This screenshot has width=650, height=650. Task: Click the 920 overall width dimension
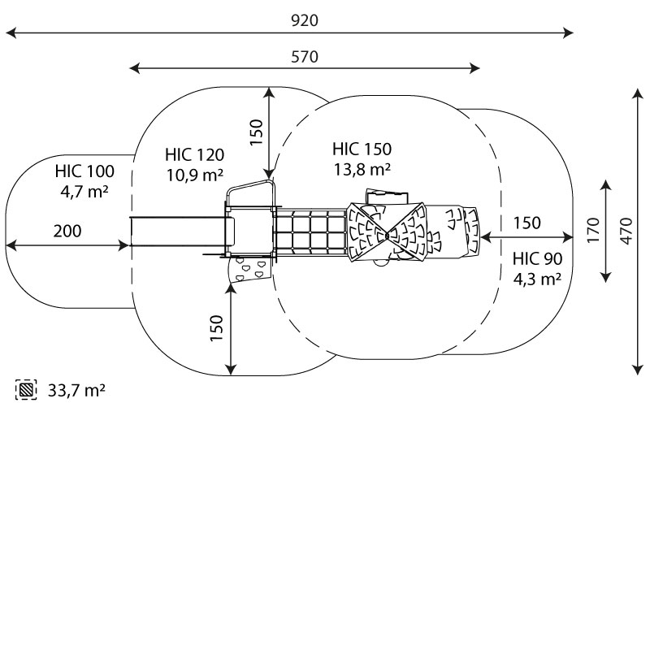(x=305, y=21)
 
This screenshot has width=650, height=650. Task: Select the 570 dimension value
(x=305, y=57)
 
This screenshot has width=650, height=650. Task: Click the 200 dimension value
(x=67, y=231)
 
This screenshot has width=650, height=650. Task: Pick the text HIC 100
(x=84, y=171)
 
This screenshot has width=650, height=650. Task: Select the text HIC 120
(x=194, y=154)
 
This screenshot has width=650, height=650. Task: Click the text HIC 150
(x=362, y=149)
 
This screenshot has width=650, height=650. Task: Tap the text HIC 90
(x=538, y=259)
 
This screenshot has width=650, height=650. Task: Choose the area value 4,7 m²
(x=84, y=192)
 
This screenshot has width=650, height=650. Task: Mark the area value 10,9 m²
(x=194, y=175)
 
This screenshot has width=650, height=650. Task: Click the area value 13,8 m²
(x=362, y=169)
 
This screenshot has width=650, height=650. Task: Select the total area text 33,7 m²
(x=76, y=391)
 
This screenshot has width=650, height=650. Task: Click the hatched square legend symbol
(x=27, y=390)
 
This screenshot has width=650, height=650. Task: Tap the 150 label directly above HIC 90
(x=527, y=223)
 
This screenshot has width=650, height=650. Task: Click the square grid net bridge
(x=310, y=233)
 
